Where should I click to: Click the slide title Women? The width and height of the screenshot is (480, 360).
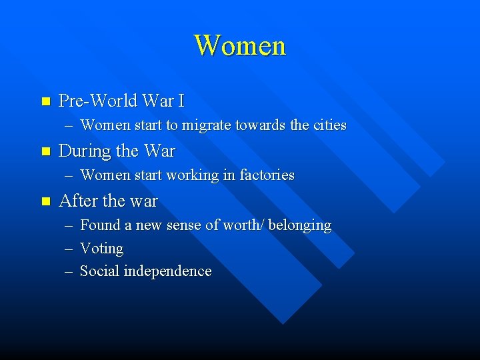(240, 46)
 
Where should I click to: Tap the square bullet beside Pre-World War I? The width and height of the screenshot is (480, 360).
(45, 101)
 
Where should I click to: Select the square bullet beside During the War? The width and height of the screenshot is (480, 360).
(45, 151)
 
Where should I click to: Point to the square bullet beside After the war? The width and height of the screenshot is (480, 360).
(45, 201)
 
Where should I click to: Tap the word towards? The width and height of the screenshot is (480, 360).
(262, 125)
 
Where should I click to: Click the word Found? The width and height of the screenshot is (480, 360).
(97, 225)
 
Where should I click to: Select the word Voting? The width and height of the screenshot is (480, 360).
(101, 249)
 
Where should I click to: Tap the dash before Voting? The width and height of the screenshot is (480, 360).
(69, 249)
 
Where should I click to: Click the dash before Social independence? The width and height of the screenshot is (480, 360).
(69, 272)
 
